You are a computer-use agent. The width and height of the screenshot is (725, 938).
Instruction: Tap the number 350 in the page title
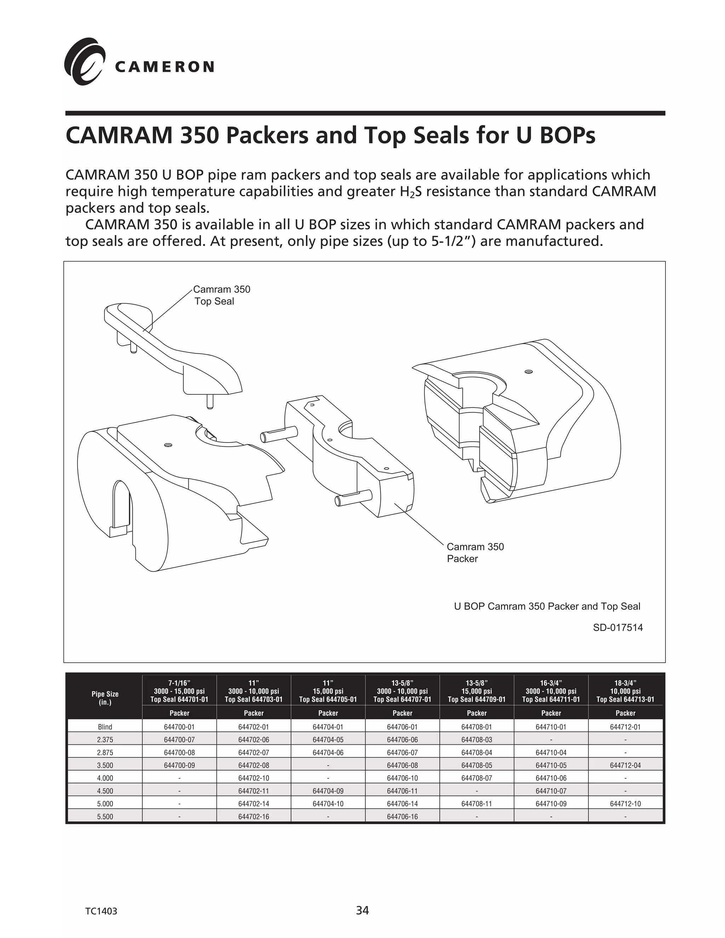[199, 135]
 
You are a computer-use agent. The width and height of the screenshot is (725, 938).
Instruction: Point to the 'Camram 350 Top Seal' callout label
[221, 295]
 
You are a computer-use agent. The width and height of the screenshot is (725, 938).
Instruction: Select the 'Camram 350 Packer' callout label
[475, 552]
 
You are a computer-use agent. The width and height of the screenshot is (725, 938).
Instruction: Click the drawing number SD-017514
[618, 628]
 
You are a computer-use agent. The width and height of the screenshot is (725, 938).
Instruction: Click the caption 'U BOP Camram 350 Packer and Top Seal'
[547, 606]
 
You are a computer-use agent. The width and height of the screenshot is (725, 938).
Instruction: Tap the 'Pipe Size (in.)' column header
[105, 698]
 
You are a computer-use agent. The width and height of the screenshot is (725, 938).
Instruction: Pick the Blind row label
[105, 727]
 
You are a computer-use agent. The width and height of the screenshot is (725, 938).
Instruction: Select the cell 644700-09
[179, 765]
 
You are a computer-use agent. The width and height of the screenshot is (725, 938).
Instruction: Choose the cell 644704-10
[328, 803]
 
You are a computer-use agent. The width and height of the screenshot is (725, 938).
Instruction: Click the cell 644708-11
[476, 803]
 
